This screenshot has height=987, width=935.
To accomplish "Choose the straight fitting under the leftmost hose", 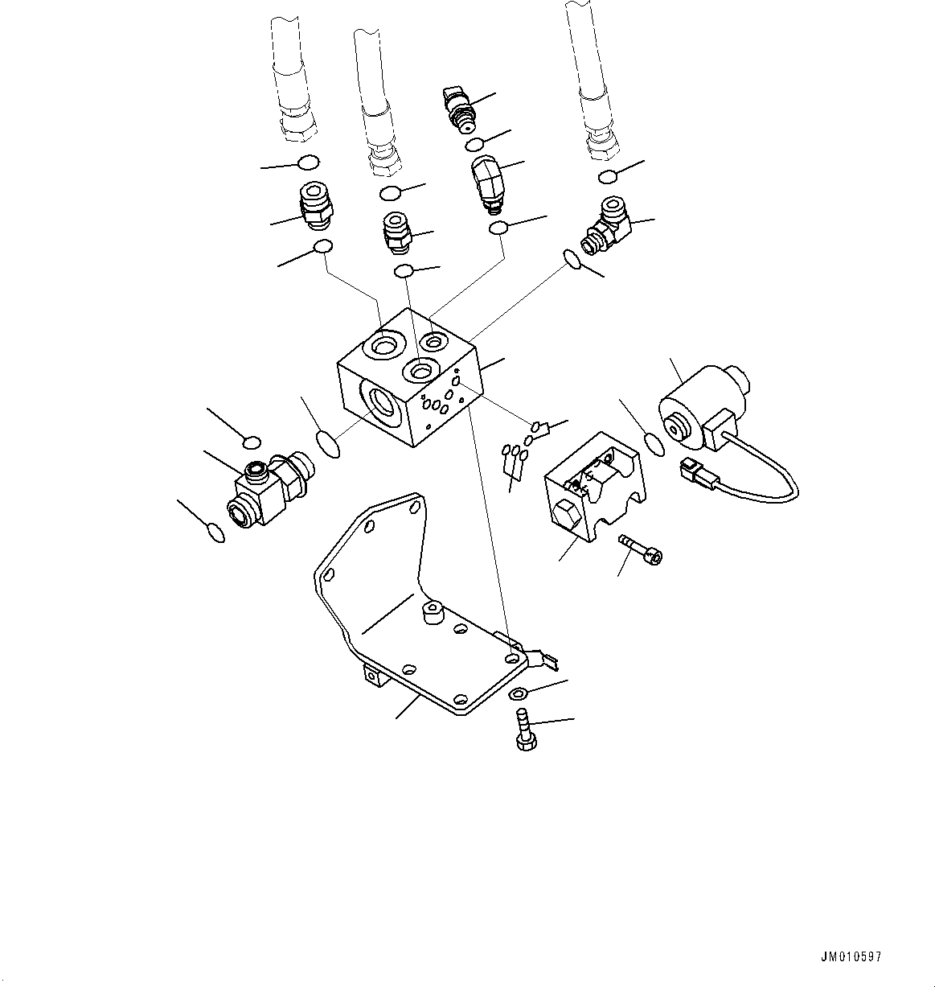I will (x=315, y=204).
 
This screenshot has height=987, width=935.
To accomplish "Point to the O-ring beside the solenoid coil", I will (x=654, y=444).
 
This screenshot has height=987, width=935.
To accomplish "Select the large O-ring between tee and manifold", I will (x=328, y=443).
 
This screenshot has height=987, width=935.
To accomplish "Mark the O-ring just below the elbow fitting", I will (x=572, y=260).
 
